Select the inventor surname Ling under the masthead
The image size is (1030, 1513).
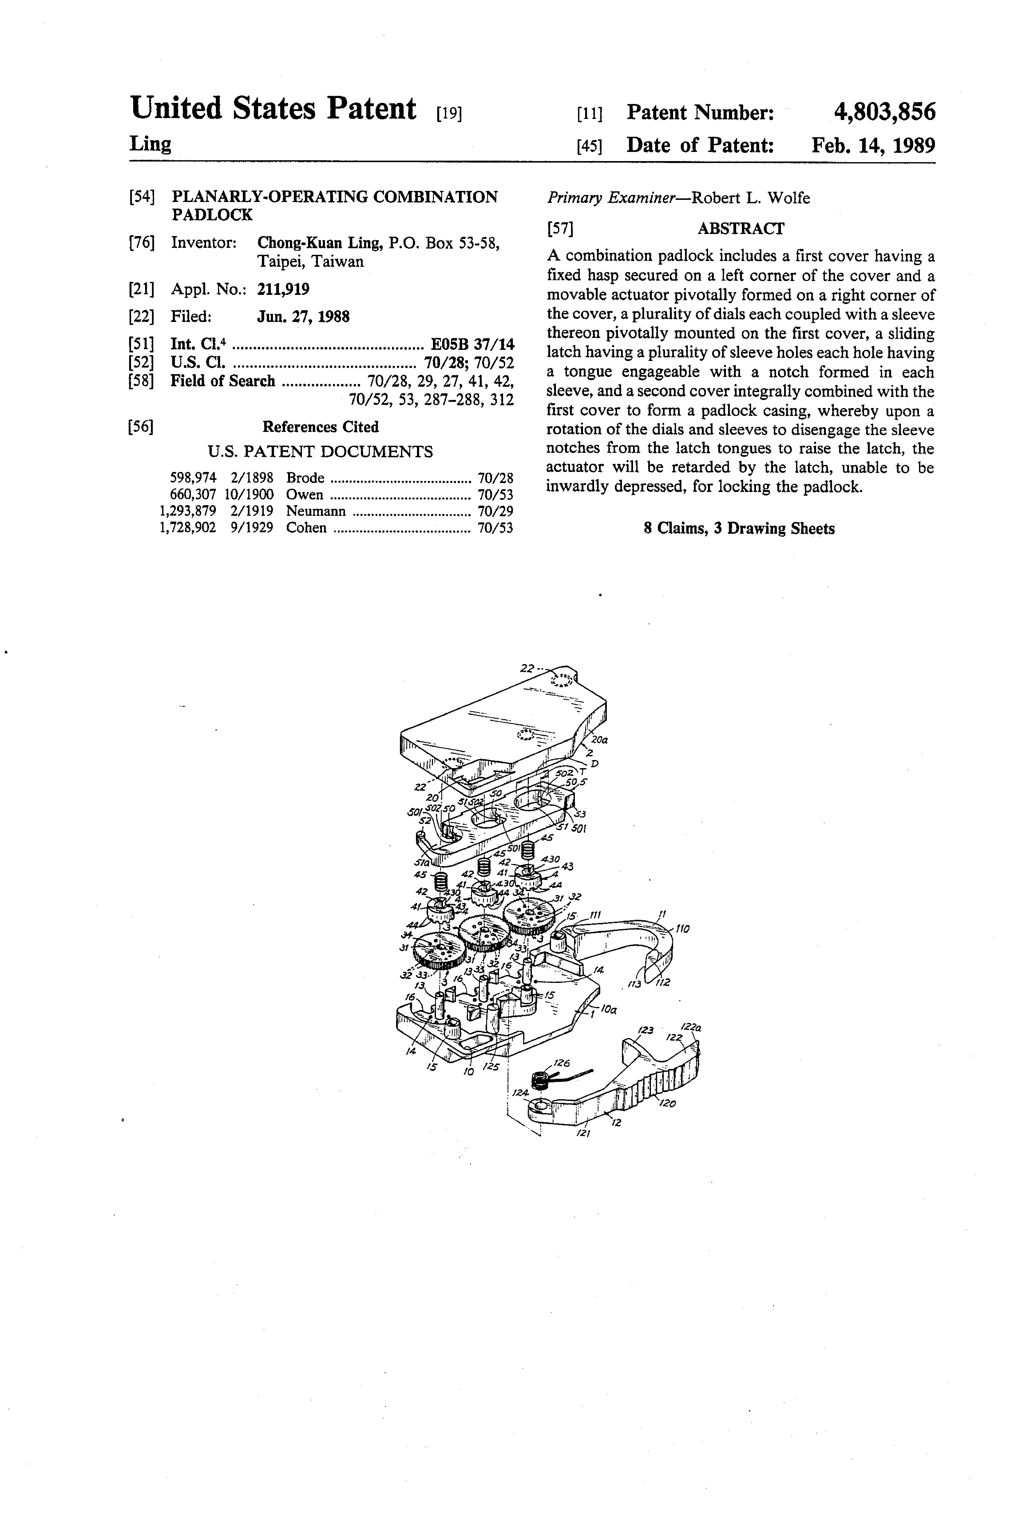[150, 144]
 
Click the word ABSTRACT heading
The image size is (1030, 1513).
[740, 228]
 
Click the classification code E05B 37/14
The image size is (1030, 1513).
[473, 344]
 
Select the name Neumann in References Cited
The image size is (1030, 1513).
[316, 511]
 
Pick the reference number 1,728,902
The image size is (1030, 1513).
[188, 528]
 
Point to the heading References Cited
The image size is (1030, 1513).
[320, 427]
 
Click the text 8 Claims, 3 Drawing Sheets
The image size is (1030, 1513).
[739, 529]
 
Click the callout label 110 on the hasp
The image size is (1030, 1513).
[682, 929]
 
